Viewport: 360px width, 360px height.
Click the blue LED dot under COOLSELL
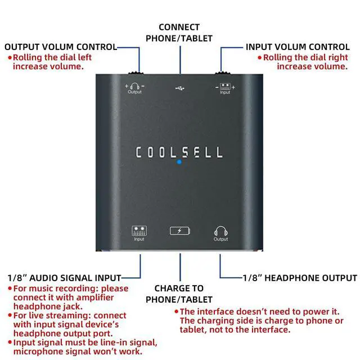(x=179, y=162)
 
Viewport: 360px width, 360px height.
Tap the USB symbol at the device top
(x=179, y=88)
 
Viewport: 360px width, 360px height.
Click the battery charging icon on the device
(x=180, y=231)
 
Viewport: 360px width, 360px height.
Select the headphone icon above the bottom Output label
(x=220, y=231)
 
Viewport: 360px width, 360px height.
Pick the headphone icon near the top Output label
(x=135, y=86)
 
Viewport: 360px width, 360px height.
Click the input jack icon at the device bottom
(x=139, y=231)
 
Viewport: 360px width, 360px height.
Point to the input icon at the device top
(x=225, y=86)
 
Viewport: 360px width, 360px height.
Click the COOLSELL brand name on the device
(x=179, y=152)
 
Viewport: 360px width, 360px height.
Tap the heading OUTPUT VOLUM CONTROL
(x=61, y=47)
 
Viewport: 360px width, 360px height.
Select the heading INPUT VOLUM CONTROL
(x=298, y=47)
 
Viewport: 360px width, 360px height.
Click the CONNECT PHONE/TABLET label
(x=179, y=33)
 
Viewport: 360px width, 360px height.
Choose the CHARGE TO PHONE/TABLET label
(x=179, y=294)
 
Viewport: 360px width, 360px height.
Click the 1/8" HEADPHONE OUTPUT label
(x=299, y=278)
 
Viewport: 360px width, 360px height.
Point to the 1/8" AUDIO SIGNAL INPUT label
(x=64, y=278)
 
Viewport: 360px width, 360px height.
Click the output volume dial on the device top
(x=135, y=73)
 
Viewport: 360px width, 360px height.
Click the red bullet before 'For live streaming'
(x=9, y=316)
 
